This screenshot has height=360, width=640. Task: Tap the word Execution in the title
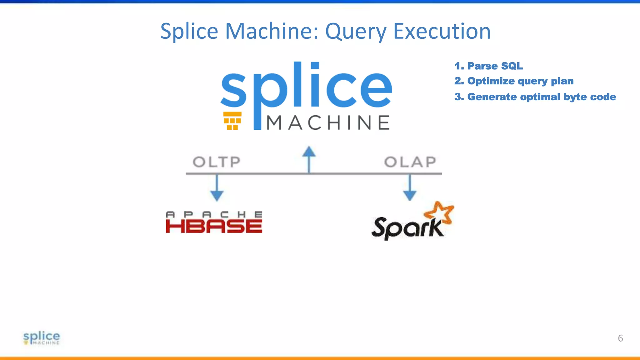[442, 31]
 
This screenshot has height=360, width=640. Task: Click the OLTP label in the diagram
[217, 162]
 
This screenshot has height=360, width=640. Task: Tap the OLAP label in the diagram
[410, 162]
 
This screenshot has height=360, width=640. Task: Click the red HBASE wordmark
[214, 226]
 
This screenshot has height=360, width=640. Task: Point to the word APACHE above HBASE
[214, 214]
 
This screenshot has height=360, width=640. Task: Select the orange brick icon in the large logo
[232, 121]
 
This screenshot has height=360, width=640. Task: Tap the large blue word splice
[306, 89]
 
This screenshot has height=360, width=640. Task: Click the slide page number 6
[620, 338]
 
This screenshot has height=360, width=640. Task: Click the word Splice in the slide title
[189, 31]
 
